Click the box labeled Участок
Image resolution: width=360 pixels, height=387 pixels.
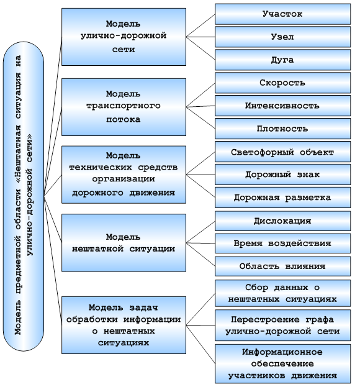282,14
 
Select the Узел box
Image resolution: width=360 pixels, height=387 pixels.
282,37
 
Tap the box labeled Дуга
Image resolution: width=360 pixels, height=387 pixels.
282,60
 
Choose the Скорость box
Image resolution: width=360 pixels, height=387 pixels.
282,83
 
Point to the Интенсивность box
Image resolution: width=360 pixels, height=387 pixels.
282,106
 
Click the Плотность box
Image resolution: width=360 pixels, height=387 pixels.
282,129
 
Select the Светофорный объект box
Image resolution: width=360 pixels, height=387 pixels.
282,152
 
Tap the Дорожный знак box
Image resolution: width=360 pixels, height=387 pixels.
282,175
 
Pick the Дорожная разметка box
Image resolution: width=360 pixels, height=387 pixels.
282,198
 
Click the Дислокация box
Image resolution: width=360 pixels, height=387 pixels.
282,221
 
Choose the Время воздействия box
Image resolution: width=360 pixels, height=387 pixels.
282,244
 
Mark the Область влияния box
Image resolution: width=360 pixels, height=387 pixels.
282,266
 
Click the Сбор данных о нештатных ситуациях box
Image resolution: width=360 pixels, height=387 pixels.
282,293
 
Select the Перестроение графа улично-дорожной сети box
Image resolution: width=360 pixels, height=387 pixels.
282,326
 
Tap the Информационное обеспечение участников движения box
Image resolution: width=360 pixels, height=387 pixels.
282,364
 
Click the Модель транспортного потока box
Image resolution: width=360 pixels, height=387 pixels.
124,107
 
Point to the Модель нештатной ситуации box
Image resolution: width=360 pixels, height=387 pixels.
124,243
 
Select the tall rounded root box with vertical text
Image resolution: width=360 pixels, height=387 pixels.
24,196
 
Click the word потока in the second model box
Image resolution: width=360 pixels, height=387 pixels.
124,120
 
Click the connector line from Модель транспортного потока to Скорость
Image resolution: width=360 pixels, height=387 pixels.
200,95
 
